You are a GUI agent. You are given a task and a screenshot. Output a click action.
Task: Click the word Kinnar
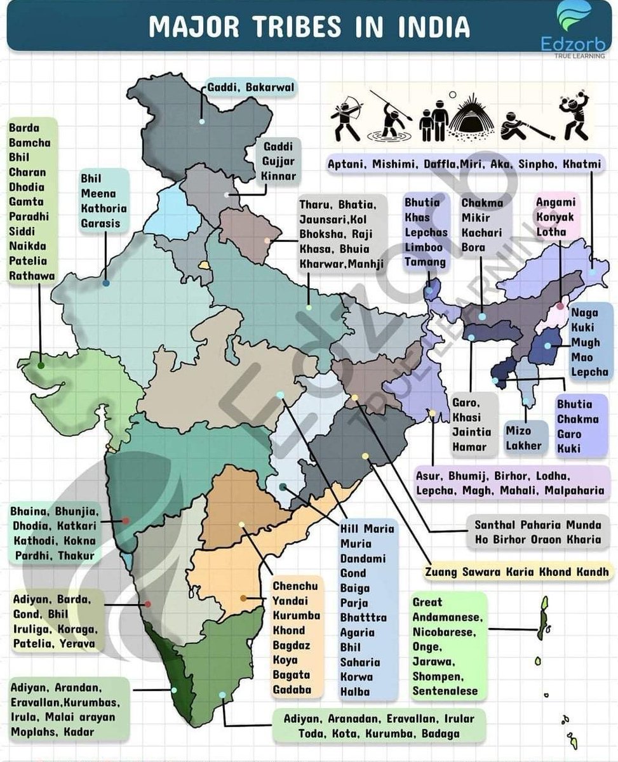[x=279, y=176]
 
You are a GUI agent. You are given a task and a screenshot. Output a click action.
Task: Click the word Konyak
[x=554, y=217]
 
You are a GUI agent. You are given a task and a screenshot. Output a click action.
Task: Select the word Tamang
[x=425, y=262]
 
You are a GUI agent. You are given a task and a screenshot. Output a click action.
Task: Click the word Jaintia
[x=471, y=432]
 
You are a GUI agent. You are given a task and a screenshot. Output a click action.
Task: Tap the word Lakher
[x=524, y=445]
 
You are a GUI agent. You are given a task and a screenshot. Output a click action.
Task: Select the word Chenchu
[x=295, y=586]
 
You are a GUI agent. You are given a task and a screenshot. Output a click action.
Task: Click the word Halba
[x=354, y=692]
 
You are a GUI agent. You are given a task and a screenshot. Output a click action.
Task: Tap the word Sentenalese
[x=445, y=691]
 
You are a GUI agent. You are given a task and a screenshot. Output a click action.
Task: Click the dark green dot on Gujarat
[x=41, y=365]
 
